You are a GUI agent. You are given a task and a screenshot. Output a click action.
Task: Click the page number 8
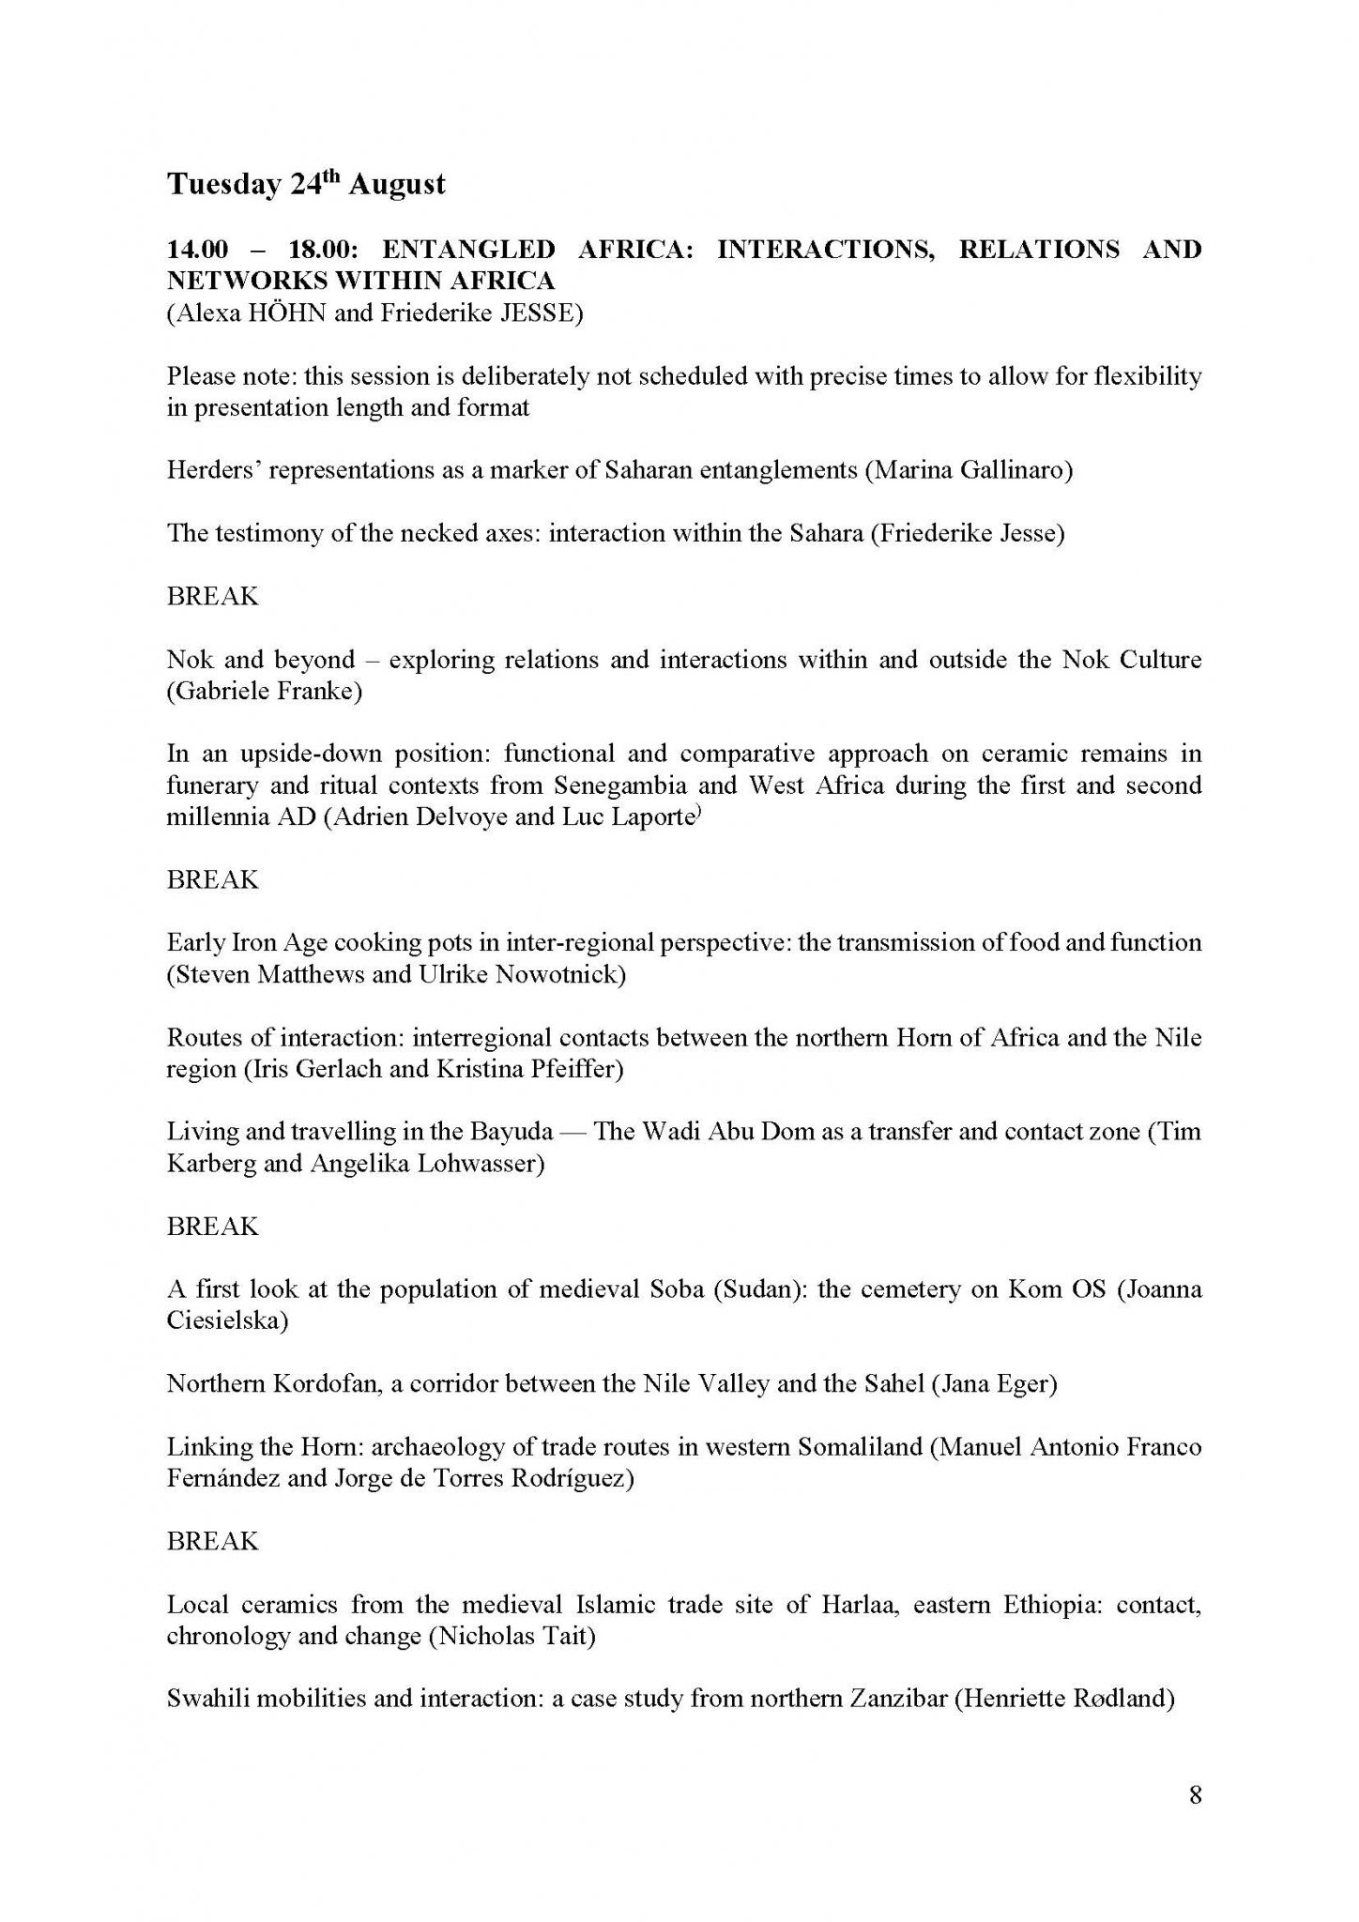tap(1195, 1795)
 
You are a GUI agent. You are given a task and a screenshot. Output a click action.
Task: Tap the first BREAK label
tap(212, 596)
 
